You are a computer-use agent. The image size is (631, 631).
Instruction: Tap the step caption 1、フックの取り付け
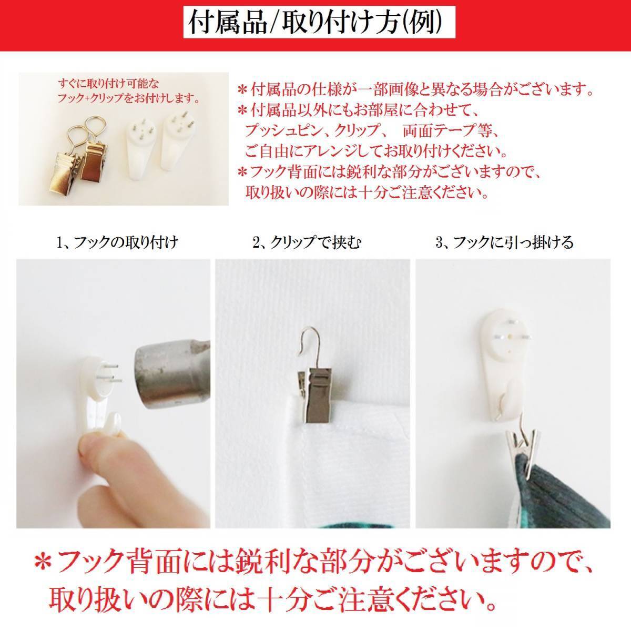click(x=117, y=242)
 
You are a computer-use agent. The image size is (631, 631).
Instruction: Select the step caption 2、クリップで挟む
click(x=307, y=242)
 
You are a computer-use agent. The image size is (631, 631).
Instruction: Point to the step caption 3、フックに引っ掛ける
click(x=505, y=242)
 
